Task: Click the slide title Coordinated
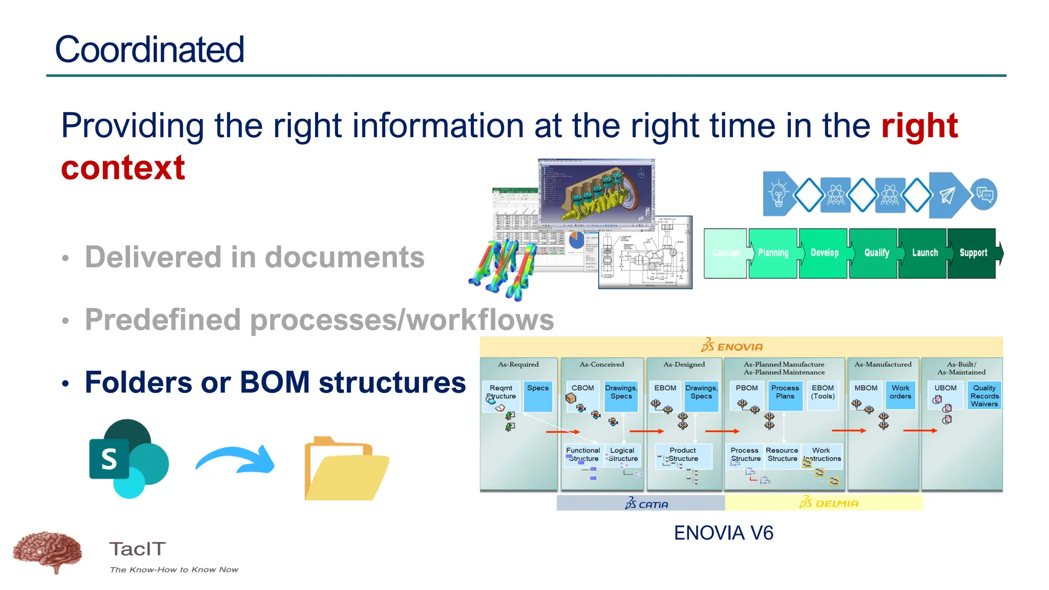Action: pos(150,50)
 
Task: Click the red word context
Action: pos(123,167)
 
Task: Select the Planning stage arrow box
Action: pos(773,253)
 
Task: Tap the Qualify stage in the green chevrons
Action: pos(876,253)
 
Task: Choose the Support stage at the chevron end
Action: pos(973,253)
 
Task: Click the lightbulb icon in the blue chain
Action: pos(778,195)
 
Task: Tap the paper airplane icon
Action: pos(947,195)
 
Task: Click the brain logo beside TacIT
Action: pos(48,552)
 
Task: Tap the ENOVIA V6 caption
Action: pos(723,533)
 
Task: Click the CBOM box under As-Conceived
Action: pos(582,388)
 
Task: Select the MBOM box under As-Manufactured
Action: pos(866,388)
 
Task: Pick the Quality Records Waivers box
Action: pos(984,396)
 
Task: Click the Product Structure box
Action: pos(683,455)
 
